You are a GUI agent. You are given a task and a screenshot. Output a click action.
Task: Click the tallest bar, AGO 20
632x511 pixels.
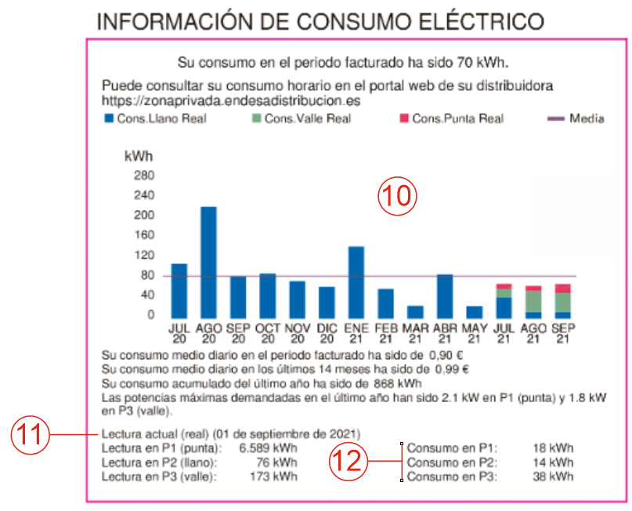click(x=208, y=262)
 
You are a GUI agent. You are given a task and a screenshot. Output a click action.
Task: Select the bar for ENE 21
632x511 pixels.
click(x=356, y=281)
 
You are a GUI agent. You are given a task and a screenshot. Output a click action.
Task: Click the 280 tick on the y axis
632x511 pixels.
click(x=143, y=175)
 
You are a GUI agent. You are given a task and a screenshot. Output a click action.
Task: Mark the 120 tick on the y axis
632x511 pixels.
click(x=143, y=255)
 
